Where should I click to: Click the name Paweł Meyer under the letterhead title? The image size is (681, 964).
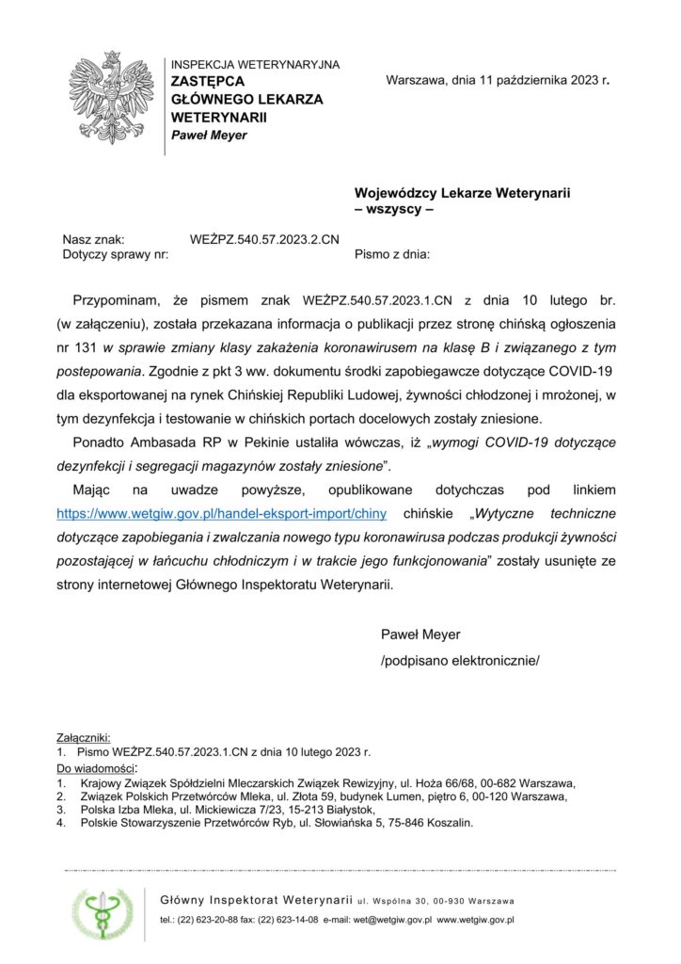tap(209, 135)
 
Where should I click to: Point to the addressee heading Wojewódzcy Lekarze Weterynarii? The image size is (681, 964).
tap(463, 193)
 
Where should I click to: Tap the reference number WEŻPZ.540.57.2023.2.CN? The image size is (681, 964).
tap(264, 240)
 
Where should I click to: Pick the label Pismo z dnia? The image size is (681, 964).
tap(392, 254)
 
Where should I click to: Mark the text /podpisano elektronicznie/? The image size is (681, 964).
tap(460, 661)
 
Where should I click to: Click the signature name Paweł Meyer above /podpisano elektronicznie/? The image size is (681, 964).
tap(420, 635)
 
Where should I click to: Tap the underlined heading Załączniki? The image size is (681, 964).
tap(84, 737)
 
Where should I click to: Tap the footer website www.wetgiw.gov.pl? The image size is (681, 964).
tap(475, 919)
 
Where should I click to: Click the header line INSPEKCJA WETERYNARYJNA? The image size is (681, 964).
tap(255, 65)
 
